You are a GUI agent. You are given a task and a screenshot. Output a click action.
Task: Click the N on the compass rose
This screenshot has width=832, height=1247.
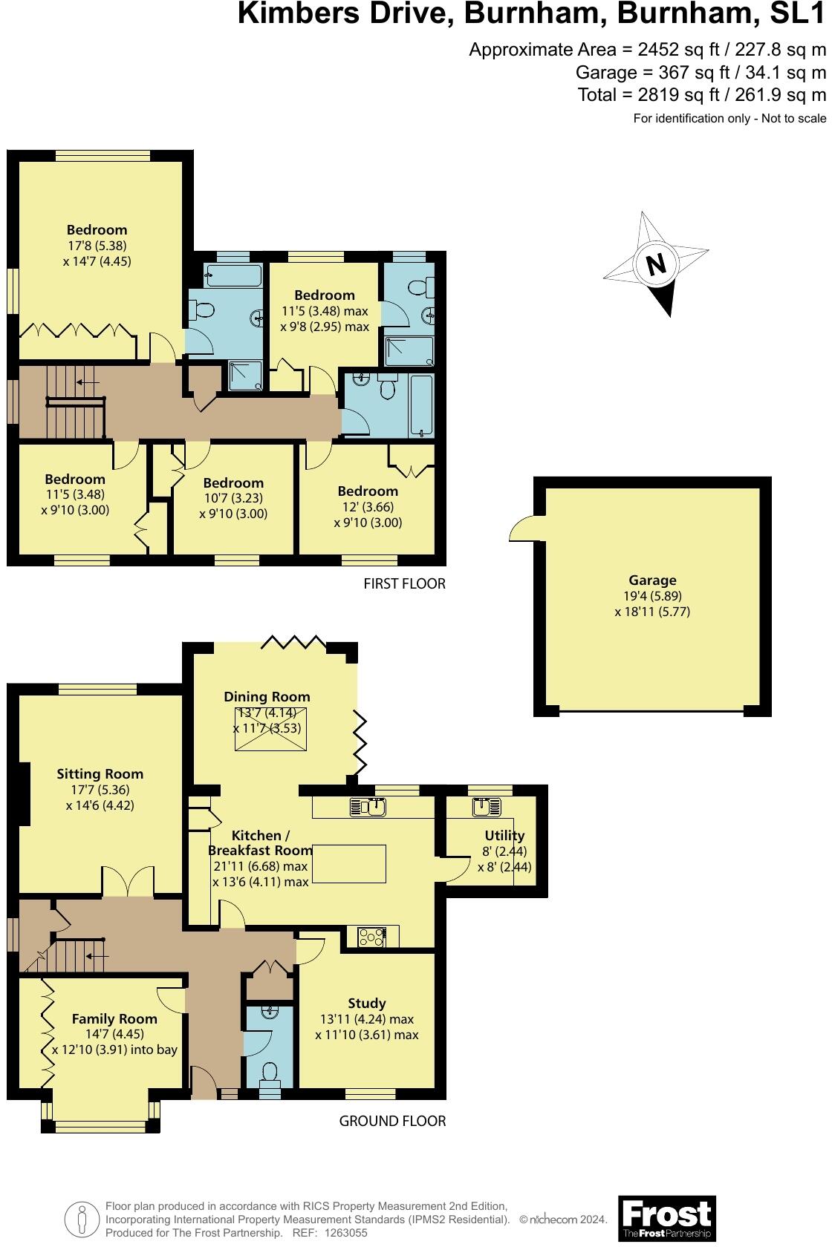[x=655, y=265]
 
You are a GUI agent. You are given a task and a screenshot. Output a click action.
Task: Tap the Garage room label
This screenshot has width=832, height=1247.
[x=652, y=580]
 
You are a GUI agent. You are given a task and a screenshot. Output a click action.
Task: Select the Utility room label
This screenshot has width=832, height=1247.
[x=504, y=835]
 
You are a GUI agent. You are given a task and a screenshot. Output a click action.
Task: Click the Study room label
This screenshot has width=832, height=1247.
[x=366, y=1003]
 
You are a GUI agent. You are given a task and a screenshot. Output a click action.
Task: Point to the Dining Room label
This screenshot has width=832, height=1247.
[x=267, y=696]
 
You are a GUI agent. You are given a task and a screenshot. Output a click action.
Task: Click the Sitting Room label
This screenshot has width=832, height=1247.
[x=100, y=773]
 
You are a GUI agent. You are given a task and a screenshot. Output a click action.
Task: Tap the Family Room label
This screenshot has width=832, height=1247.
[x=114, y=1018]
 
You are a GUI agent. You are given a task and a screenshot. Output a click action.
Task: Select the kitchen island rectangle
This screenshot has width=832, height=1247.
[x=349, y=863]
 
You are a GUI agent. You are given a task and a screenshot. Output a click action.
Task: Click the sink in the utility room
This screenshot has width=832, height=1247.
[x=487, y=806]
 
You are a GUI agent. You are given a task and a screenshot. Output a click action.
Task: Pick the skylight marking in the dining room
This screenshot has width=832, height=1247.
[x=270, y=730]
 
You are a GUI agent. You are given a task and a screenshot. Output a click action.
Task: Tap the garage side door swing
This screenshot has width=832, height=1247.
[x=524, y=529]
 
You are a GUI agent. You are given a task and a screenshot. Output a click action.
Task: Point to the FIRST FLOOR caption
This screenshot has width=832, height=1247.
[x=404, y=583]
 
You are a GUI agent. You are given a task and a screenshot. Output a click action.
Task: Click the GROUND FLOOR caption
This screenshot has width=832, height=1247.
[x=392, y=1121]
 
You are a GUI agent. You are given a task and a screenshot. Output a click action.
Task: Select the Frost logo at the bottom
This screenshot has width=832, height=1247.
[x=666, y=1217]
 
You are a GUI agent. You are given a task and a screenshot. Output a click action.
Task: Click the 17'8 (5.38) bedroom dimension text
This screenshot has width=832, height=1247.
[x=97, y=246]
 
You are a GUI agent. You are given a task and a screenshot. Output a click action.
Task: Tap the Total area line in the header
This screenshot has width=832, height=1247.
[x=701, y=95]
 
